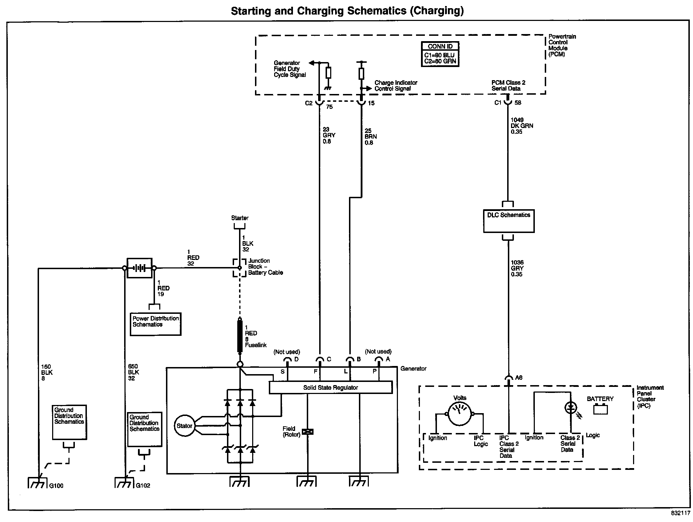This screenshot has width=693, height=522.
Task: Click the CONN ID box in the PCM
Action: tap(440, 54)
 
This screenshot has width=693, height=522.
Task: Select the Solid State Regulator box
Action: tap(331, 388)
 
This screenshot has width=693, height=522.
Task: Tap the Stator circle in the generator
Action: tap(184, 426)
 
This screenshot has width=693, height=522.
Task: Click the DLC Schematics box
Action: tap(509, 221)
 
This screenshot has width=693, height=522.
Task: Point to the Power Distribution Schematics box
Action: tap(156, 324)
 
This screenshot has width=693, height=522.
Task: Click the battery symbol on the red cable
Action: tap(139, 268)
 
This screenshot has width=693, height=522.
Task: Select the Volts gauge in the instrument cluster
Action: tap(460, 413)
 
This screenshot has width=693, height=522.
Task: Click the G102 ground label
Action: tap(143, 485)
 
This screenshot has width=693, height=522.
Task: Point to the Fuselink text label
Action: tap(256, 345)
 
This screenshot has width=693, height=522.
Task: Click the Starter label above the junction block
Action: tap(240, 218)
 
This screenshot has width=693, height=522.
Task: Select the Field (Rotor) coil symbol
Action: tap(307, 432)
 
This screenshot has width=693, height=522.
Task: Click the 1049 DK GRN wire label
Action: tap(521, 126)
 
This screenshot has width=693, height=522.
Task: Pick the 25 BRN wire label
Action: tap(370, 137)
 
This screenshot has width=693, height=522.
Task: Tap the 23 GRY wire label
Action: tap(328, 135)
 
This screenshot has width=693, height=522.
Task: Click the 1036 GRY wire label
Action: tap(517, 268)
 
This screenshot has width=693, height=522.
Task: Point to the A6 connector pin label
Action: tap(519, 378)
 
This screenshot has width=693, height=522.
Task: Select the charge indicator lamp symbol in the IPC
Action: tap(570, 408)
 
